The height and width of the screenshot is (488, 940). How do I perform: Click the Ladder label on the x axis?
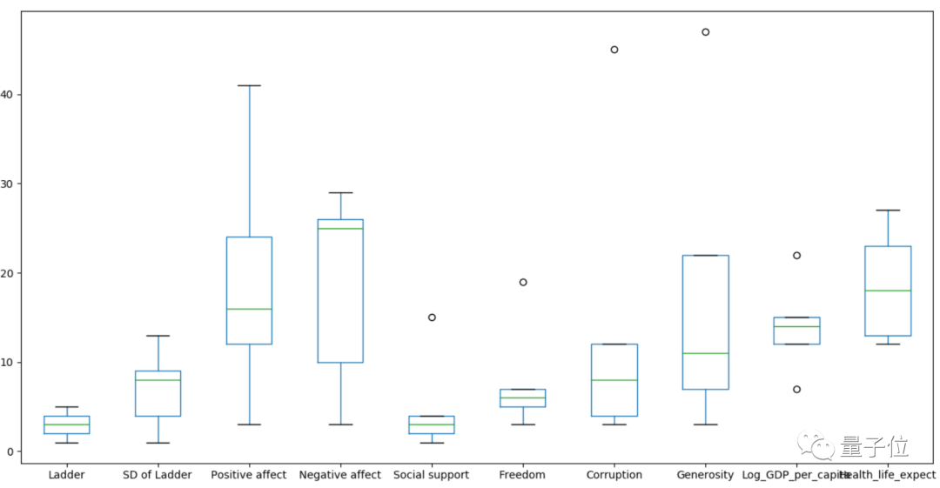tap(67, 475)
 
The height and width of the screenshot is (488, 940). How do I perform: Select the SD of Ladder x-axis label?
tap(158, 475)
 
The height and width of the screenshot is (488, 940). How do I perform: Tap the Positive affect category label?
tap(249, 475)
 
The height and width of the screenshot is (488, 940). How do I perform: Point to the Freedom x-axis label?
tap(522, 475)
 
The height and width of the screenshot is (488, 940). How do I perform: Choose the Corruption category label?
tap(614, 475)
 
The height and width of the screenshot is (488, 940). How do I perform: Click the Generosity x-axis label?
tap(705, 475)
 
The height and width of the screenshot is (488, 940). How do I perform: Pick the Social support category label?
tap(431, 475)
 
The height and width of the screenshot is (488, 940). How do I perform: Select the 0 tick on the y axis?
tap(10, 451)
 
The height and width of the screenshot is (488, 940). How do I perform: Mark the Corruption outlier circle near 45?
tap(614, 50)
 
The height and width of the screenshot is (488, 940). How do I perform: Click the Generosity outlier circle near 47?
tap(705, 32)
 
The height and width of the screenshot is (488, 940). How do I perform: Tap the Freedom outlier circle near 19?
tap(523, 282)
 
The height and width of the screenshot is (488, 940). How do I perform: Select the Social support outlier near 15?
tap(432, 318)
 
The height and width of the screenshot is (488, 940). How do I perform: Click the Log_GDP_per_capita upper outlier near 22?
tap(796, 255)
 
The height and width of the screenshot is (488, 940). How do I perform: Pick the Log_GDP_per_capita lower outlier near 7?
tap(796, 389)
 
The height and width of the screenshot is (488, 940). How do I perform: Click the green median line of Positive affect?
tap(249, 309)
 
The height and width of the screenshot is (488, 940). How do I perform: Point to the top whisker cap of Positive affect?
tap(249, 86)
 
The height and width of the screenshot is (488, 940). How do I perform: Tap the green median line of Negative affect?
tap(340, 228)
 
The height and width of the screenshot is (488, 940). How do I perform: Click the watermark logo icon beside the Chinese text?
tap(822, 447)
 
